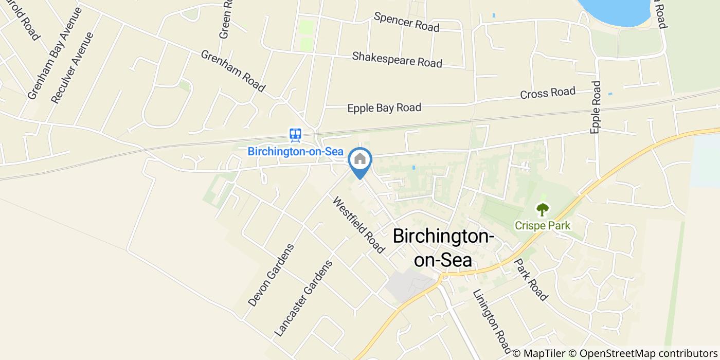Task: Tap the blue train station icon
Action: click(x=295, y=135)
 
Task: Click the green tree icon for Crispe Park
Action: click(x=543, y=209)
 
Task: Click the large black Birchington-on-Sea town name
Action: click(x=443, y=248)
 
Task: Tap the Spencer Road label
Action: click(x=406, y=22)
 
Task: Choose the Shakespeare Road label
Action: click(x=397, y=59)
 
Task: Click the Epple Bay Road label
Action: click(x=384, y=107)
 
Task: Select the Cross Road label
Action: click(x=548, y=93)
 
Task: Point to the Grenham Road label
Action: click(x=232, y=71)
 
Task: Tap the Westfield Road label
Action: click(x=358, y=225)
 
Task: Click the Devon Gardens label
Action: click(x=271, y=275)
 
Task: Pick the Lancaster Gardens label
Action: click(x=304, y=298)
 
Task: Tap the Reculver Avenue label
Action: click(x=73, y=67)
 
